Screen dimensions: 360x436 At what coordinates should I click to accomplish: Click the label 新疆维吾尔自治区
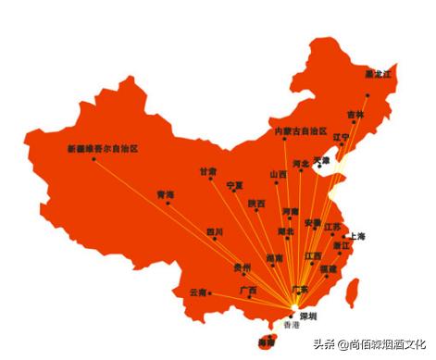(x=103, y=148)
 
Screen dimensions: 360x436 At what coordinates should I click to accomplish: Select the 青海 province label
(x=166, y=194)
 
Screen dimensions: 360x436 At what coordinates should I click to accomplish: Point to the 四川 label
(x=215, y=231)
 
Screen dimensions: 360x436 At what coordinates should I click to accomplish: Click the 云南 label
(x=198, y=292)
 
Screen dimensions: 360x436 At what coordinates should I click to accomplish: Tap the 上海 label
(x=356, y=237)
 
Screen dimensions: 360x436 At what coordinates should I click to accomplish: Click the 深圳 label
(x=308, y=316)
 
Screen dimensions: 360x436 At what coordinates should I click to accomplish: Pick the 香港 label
(x=292, y=326)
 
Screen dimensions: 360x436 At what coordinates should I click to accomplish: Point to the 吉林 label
(x=356, y=115)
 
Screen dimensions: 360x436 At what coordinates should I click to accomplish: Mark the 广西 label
(x=248, y=290)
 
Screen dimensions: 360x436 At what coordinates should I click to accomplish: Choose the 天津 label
(x=321, y=160)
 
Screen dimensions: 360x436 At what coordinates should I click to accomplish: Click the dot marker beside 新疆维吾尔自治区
(x=93, y=159)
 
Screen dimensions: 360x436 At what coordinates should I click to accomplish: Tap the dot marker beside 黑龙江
(x=367, y=94)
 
